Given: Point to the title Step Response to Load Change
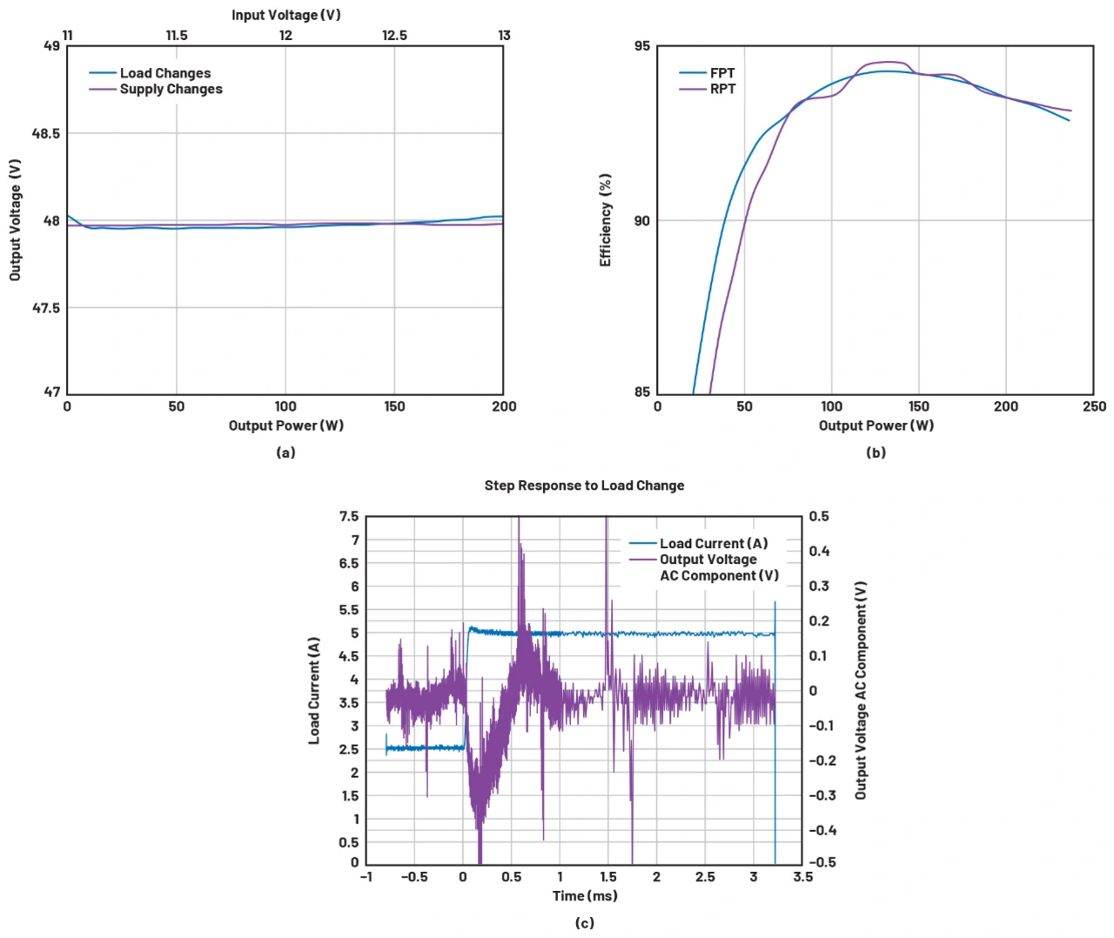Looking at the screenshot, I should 584,486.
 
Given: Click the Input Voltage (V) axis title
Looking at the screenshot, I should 285,15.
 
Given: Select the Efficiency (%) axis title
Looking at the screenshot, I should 606,220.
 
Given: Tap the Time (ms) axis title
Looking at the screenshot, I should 585,895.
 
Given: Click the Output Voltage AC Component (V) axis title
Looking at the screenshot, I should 861,690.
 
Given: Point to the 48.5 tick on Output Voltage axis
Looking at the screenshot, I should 46,133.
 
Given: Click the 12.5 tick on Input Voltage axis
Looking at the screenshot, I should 394,36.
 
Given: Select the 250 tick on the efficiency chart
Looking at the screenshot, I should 1094,406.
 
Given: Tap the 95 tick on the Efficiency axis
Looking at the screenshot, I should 641,46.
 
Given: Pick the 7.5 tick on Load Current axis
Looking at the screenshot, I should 349,516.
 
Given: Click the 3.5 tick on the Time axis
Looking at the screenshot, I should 802,876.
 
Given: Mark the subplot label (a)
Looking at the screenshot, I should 285,452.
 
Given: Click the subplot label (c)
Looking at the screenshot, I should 585,923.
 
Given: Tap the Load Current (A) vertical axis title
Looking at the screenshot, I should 314,690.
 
